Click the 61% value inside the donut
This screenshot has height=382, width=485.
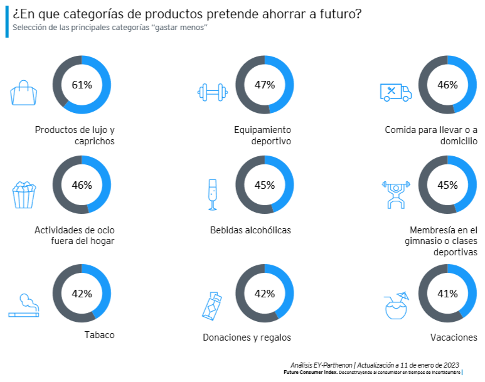click(82, 85)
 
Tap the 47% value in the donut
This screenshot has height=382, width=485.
click(264, 85)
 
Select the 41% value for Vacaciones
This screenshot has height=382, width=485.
click(447, 294)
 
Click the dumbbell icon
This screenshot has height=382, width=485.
click(212, 93)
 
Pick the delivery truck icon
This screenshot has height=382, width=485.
click(396, 93)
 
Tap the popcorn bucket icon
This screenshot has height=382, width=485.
click(24, 194)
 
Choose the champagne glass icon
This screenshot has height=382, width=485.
click(212, 194)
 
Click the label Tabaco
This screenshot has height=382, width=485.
click(100, 335)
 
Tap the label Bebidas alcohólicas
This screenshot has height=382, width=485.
click(250, 230)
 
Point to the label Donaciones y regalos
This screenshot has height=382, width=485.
click(247, 337)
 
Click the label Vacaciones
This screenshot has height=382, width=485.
click(454, 337)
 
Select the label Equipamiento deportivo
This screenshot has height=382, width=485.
click(262, 135)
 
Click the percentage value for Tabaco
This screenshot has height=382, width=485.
click(82, 294)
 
